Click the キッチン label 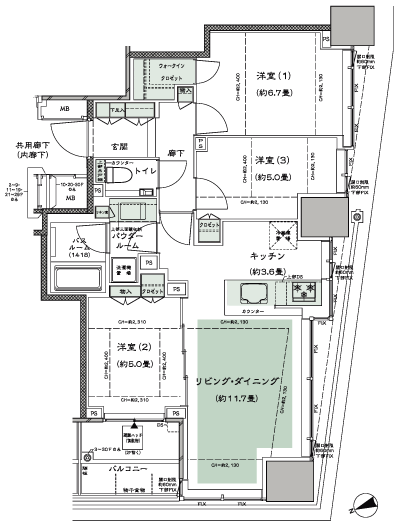click(x=269, y=256)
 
